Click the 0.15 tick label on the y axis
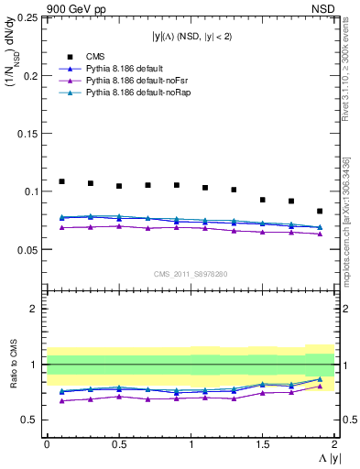point(28,133)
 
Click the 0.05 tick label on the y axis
point(28,249)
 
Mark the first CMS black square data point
point(61,181)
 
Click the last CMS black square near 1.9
point(320,211)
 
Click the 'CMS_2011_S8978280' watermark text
point(190,273)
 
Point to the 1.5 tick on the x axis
point(262,444)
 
